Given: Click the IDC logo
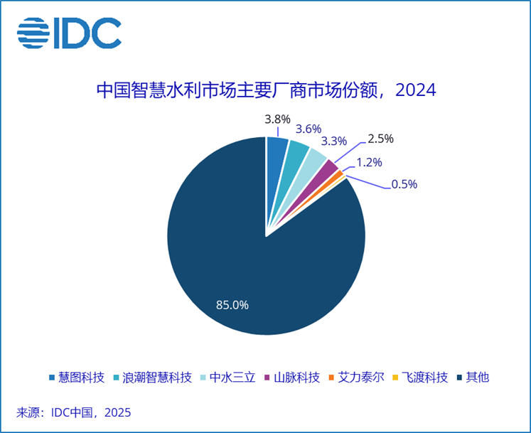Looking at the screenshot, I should (x=69, y=33).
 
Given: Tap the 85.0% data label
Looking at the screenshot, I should (x=232, y=305).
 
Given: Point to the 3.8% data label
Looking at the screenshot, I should (x=277, y=119).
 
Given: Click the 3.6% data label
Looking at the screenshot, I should (x=309, y=129).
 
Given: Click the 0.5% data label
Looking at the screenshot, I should (x=404, y=184).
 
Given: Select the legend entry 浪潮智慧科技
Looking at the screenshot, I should (x=152, y=377).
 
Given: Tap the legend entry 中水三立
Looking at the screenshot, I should (x=227, y=377).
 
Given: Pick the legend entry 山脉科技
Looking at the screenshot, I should (x=291, y=377).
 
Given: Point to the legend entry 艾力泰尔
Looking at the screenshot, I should (x=356, y=377).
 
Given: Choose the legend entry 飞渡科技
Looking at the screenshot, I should (x=420, y=377).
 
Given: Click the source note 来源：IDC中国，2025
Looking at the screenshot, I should (x=74, y=412).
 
